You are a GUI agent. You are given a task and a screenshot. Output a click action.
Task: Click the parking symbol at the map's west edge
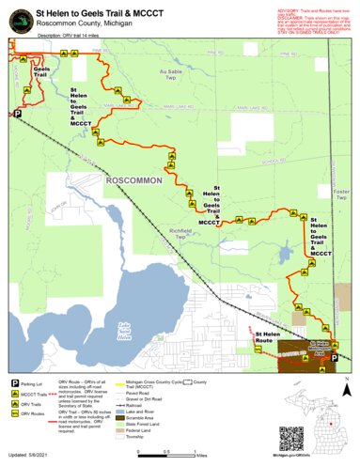coord(16,114)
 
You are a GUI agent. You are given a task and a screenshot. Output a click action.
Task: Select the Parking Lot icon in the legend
coord(16,382)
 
